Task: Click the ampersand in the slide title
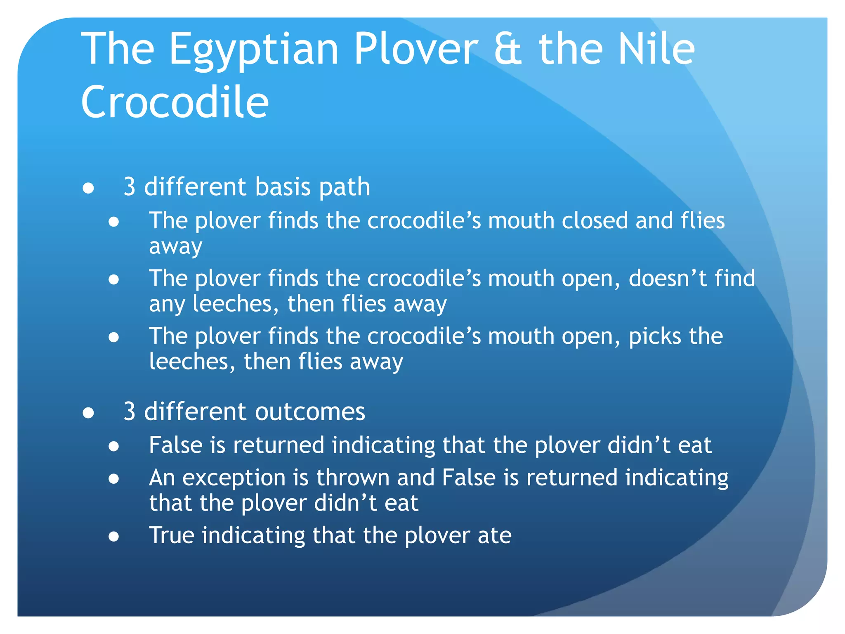coord(508,50)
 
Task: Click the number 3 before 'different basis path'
coord(130,187)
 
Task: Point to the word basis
coord(283,187)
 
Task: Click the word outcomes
coord(310,412)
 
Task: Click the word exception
coord(234,478)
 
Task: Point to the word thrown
coord(353,478)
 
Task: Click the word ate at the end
coord(494,536)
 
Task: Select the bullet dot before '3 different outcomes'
coord(88,412)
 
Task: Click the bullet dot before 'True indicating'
coord(114,537)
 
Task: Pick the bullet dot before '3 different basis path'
coord(88,188)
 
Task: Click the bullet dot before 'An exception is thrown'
coord(114,479)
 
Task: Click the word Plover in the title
coord(416,50)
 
